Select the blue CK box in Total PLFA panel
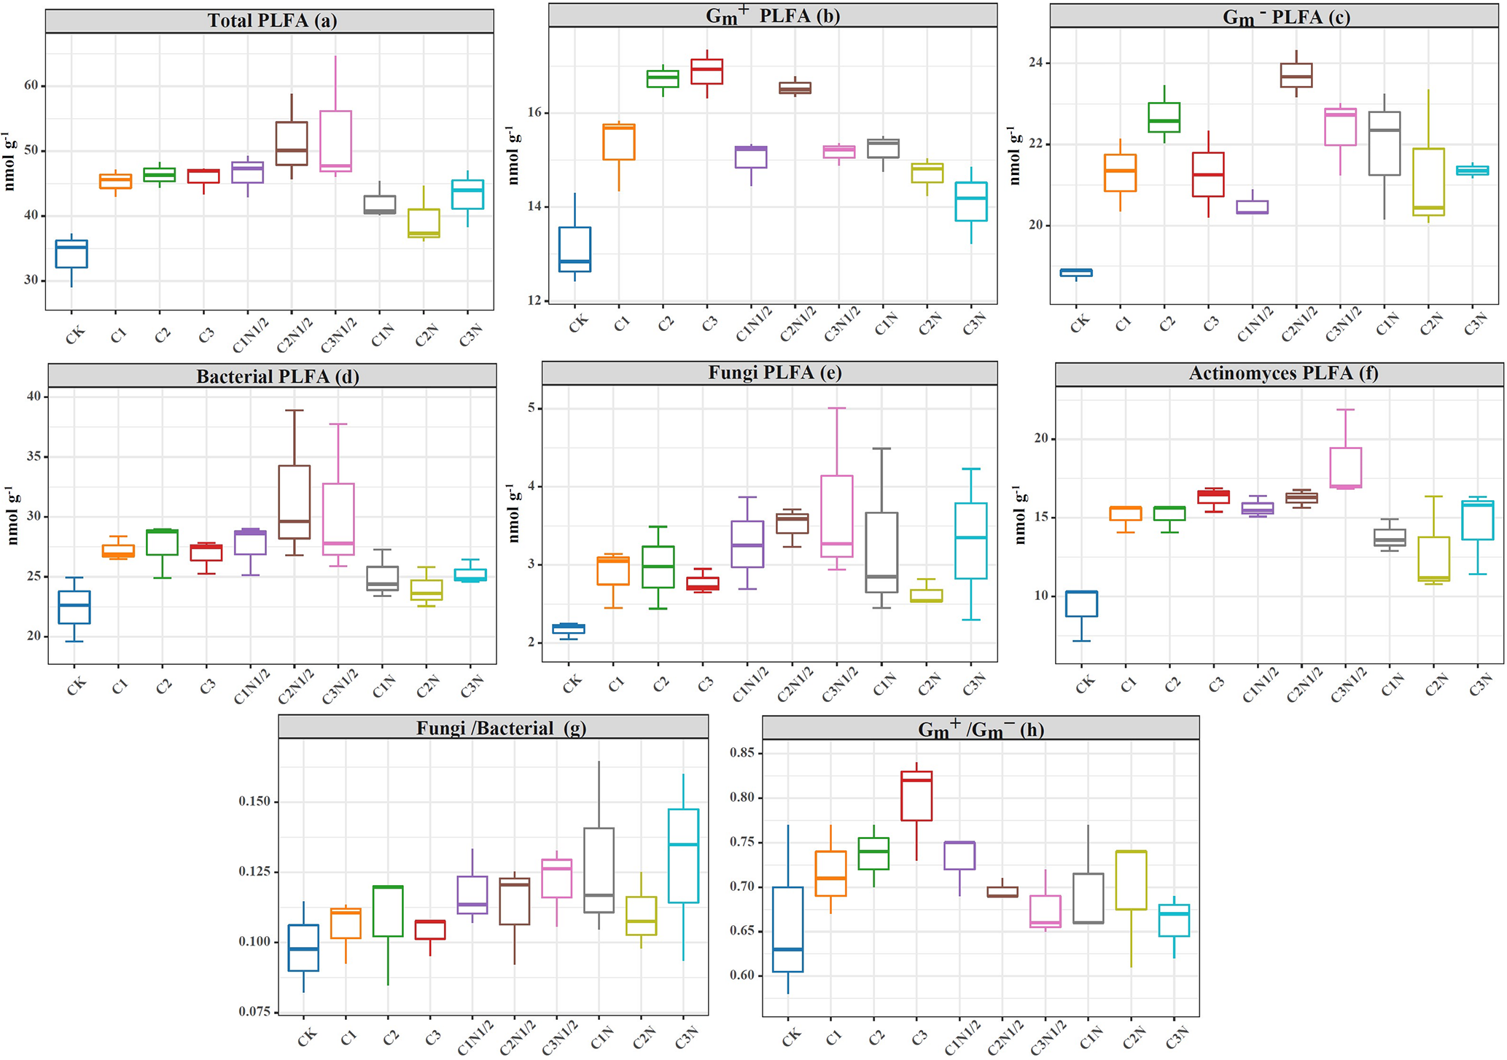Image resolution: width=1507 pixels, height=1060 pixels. pos(71,254)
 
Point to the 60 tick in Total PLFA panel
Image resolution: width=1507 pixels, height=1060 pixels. pos(31,85)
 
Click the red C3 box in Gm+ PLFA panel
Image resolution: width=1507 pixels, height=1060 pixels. pos(707,71)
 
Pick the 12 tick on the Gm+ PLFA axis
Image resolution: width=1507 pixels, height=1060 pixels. pos(534,300)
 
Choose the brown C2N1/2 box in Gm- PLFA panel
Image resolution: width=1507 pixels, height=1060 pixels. pos(1296,75)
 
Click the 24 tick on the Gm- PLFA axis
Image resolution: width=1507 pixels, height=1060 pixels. pos(1036,63)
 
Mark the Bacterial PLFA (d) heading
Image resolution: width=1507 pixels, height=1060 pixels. pos(277,376)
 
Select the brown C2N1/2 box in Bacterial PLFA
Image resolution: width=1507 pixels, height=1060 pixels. pos(295,502)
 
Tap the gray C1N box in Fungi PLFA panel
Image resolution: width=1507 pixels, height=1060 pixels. pos(881,552)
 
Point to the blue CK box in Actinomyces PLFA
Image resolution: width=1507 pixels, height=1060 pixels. pos(1081,604)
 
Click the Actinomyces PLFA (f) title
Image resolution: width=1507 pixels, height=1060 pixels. pos(1283,373)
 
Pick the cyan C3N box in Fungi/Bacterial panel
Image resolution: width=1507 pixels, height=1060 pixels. pos(683,855)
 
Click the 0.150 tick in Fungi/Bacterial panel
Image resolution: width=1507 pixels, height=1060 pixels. pos(254,801)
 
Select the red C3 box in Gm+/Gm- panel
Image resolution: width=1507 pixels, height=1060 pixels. pos(916,795)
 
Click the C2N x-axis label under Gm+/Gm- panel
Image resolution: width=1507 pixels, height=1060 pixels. pos(1135,1036)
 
